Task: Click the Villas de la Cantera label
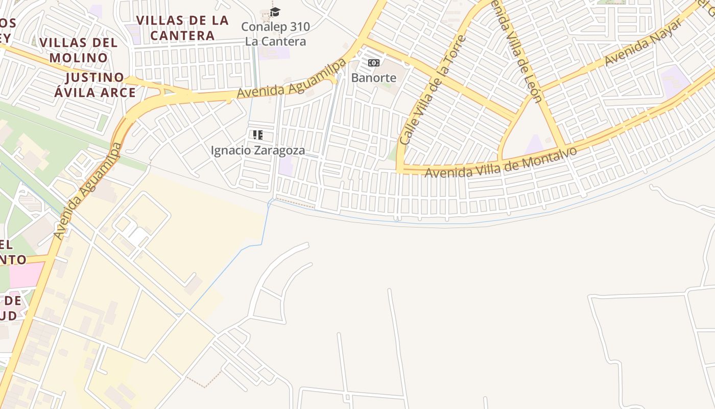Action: (182, 28)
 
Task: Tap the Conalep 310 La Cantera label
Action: (275, 34)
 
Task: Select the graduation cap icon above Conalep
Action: (275, 12)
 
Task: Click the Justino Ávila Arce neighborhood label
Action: (95, 85)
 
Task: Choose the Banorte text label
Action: (374, 78)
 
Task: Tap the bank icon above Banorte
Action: (374, 63)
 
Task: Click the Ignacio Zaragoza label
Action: (258, 150)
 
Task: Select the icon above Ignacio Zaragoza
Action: (258, 135)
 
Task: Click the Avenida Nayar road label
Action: (642, 43)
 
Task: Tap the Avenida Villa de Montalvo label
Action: (500, 162)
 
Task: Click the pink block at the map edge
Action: (26, 275)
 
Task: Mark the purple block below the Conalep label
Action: (274, 53)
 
